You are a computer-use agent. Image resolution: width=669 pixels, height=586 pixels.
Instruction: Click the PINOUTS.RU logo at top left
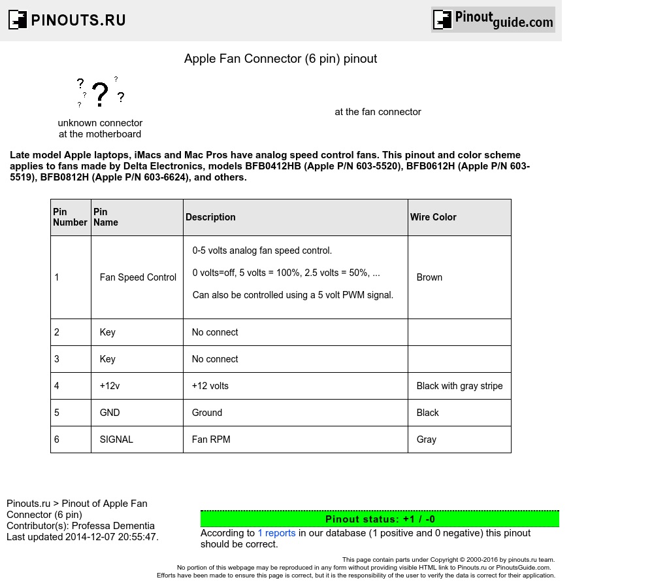(67, 20)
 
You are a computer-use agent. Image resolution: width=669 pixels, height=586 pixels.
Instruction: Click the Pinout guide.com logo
(493, 20)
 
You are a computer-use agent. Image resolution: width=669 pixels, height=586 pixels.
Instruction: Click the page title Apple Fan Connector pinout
(280, 59)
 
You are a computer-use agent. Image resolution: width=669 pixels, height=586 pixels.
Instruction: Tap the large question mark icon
(100, 94)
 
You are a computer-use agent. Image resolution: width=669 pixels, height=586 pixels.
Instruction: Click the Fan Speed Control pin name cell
(138, 277)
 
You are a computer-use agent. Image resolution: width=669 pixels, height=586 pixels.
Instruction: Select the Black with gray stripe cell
(459, 386)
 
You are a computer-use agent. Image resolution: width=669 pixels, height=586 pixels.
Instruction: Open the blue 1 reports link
(276, 533)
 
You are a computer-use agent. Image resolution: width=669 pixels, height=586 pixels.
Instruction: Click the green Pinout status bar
(380, 519)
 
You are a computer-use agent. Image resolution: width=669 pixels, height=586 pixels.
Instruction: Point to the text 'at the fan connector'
(378, 112)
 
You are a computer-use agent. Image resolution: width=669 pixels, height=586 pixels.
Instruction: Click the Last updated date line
(82, 537)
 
